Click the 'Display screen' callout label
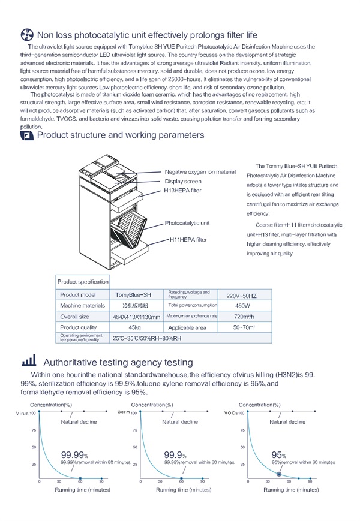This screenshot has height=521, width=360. click(x=183, y=181)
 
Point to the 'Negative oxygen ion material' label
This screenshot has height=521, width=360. click(x=200, y=172)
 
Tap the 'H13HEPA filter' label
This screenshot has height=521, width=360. click(x=182, y=191)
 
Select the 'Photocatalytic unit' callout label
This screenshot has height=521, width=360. click(x=187, y=223)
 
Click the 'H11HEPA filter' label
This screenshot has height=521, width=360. click(x=188, y=240)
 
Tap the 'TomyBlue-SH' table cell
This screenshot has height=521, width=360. click(x=133, y=294)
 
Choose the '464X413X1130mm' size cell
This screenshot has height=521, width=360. click(x=137, y=317)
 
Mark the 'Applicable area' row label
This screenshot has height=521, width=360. click(x=187, y=327)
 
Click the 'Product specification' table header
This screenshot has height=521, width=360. click(x=83, y=281)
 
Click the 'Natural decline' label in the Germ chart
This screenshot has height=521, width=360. click(x=179, y=422)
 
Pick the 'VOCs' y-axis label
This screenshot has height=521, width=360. click(x=232, y=413)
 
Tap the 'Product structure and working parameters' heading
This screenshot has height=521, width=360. click(x=120, y=135)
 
